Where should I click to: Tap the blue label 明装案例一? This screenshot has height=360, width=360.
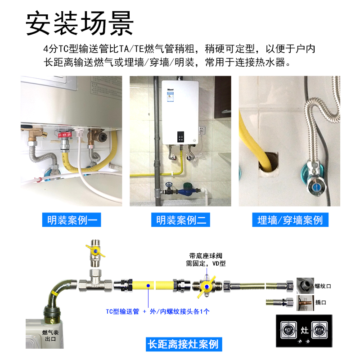point(71,220)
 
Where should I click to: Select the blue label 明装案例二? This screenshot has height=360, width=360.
point(180,220)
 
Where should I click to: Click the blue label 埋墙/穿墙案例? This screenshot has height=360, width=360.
point(290,220)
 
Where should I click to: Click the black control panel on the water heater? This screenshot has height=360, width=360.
point(180,136)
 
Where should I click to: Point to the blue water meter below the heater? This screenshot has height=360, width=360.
point(185,191)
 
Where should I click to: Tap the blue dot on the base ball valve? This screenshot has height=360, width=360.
point(205,287)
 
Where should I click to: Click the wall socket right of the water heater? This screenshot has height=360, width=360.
point(201,131)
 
